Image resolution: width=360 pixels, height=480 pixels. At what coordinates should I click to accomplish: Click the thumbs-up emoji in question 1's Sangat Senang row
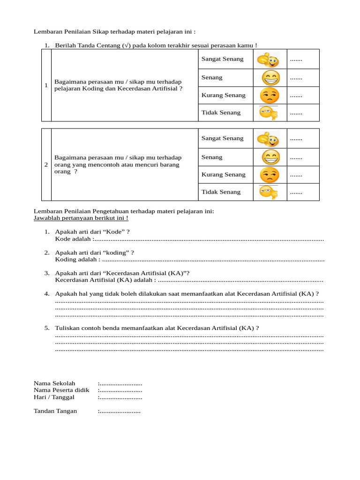pyautogui.click(x=268, y=60)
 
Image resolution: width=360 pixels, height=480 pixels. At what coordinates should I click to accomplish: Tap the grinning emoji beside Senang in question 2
pyautogui.click(x=270, y=157)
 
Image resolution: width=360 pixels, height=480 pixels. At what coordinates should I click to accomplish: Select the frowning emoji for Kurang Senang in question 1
pyautogui.click(x=269, y=96)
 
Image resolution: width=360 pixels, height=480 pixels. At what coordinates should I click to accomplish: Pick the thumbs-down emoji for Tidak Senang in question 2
pyautogui.click(x=269, y=192)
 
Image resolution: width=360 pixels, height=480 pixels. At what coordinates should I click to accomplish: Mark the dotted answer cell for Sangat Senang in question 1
pyautogui.click(x=296, y=60)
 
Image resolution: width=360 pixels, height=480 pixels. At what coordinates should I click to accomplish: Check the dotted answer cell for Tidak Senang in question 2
pyautogui.click(x=296, y=192)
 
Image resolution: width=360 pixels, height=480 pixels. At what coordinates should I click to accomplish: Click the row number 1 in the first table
pyautogui.click(x=46, y=85)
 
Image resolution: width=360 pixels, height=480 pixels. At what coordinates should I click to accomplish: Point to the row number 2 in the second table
pyautogui.click(x=46, y=165)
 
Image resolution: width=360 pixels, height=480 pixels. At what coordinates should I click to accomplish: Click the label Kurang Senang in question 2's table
pyautogui.click(x=223, y=175)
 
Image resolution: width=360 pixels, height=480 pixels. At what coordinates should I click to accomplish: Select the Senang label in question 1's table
pyautogui.click(x=212, y=77)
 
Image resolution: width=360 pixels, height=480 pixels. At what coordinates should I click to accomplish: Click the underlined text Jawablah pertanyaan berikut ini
pyautogui.click(x=81, y=218)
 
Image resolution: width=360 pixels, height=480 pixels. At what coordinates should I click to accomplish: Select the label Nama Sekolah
pyautogui.click(x=54, y=383)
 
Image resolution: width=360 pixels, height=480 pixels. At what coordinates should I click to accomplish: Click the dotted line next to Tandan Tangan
pyautogui.click(x=120, y=412)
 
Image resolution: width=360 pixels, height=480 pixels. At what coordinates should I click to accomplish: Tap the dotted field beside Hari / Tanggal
pyautogui.click(x=121, y=397)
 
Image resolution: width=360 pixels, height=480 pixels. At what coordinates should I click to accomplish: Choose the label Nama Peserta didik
pyautogui.click(x=61, y=390)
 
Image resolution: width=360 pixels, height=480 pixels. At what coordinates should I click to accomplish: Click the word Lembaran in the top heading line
pyautogui.click(x=48, y=32)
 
